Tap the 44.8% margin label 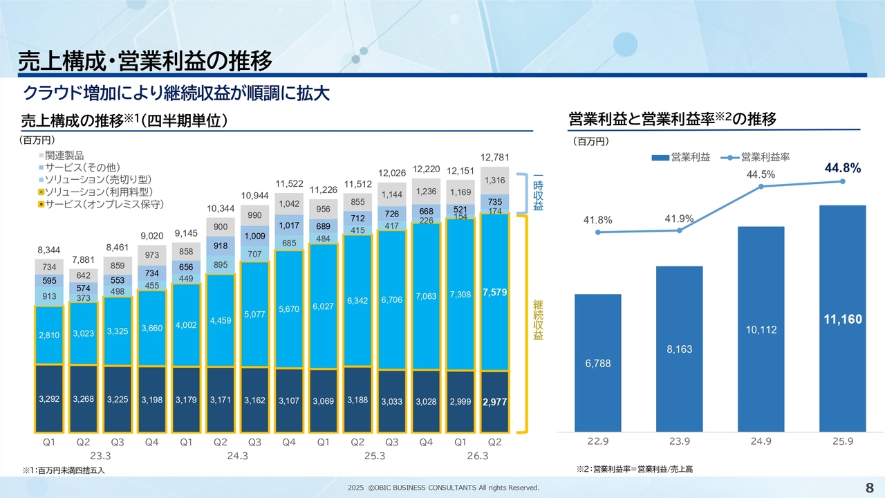842,167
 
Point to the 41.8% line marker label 597,220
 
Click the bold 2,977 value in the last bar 494,402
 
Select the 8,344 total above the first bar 49,250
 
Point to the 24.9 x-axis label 761,441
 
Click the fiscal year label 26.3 477,456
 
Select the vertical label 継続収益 537,320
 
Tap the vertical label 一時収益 537,187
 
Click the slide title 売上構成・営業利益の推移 145,61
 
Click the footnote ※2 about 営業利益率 634,470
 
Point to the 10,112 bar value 761,330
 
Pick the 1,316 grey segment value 494,181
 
